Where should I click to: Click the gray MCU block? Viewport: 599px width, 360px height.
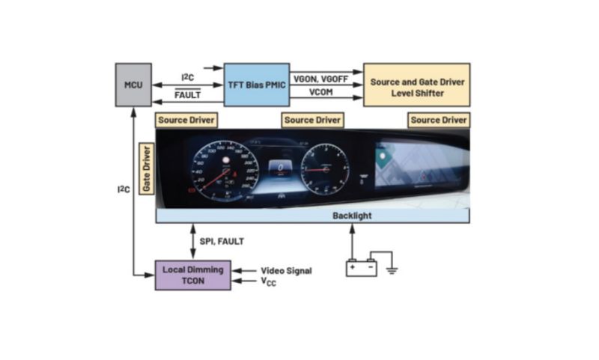pyautogui.click(x=133, y=85)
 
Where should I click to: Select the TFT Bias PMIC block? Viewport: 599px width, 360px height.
pyautogui.click(x=256, y=85)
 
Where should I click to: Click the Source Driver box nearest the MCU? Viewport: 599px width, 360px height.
pyautogui.click(x=186, y=120)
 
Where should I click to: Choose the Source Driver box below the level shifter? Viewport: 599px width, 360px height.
pyautogui.click(x=439, y=120)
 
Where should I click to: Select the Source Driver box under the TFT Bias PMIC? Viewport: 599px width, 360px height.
pyautogui.click(x=312, y=120)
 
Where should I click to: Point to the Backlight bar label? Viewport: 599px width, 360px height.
pyautogui.click(x=351, y=216)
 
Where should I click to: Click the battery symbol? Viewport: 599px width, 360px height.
pyautogui.click(x=361, y=267)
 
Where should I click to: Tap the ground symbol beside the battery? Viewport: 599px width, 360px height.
pyautogui.click(x=391, y=268)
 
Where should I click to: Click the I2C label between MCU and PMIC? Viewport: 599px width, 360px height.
pyautogui.click(x=189, y=77)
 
